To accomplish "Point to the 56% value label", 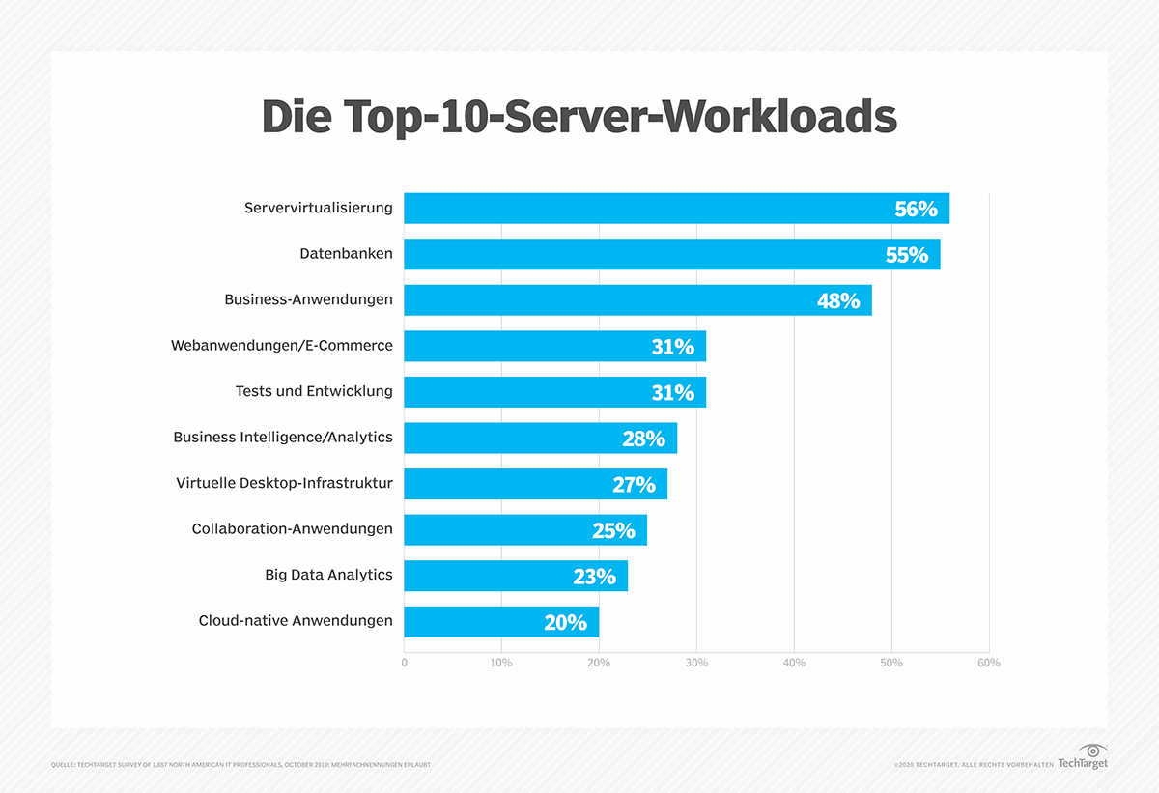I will [x=916, y=209].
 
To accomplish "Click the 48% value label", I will [x=837, y=300].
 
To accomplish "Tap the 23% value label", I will [x=594, y=577].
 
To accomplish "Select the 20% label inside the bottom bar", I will [x=565, y=623].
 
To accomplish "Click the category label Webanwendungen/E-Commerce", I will [x=282, y=345].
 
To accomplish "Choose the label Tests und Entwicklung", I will [x=314, y=391].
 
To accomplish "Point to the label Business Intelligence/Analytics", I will [x=283, y=437].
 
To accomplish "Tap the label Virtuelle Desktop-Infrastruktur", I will [x=284, y=483].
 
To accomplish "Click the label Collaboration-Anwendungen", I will [x=292, y=528].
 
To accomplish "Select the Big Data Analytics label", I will [x=328, y=575].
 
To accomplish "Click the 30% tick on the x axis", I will [x=696, y=663].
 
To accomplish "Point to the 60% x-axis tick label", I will [x=988, y=663].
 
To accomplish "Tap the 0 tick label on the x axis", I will [x=404, y=663].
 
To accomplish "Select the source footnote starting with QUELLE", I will [x=240, y=765].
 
